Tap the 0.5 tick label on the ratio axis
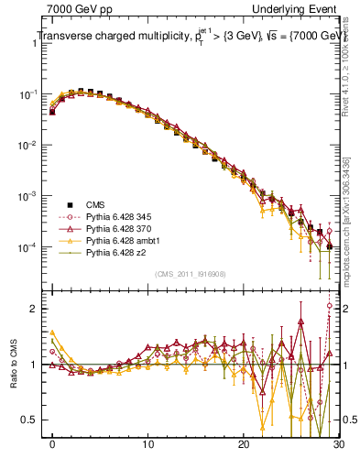point(31,420)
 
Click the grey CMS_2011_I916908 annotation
point(191,274)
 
